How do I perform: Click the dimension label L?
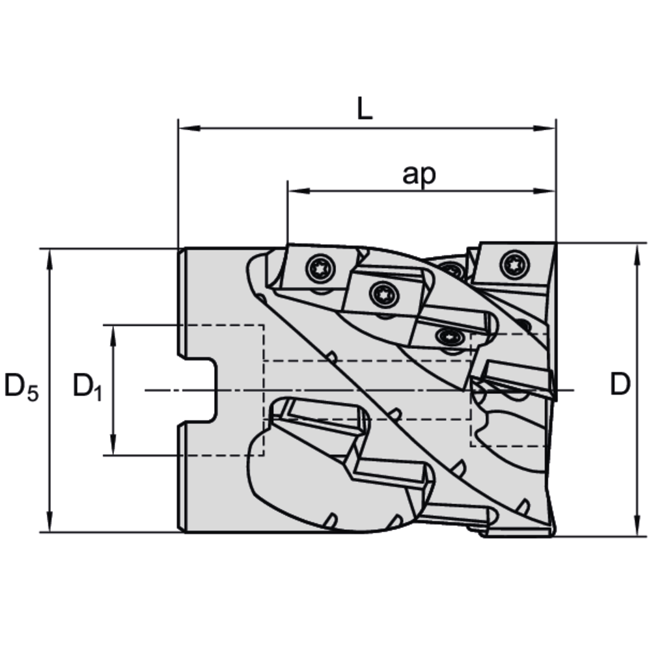pyautogui.click(x=365, y=109)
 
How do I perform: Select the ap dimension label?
pyautogui.click(x=419, y=174)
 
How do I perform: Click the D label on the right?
pyautogui.click(x=620, y=385)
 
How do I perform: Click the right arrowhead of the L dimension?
pyautogui.click(x=547, y=129)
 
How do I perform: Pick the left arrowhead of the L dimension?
pyautogui.click(x=187, y=129)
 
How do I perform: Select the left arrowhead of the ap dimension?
pyautogui.click(x=296, y=191)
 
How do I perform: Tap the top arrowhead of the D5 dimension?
pyautogui.click(x=49, y=256)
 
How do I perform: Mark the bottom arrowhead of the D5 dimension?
pyautogui.click(x=49, y=524)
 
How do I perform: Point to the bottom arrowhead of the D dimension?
pyautogui.click(x=636, y=528)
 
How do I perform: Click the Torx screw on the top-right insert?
pyautogui.click(x=511, y=264)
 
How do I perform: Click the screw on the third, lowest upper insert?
pyautogui.click(x=449, y=337)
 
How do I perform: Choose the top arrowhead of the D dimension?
pyautogui.click(x=636, y=251)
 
